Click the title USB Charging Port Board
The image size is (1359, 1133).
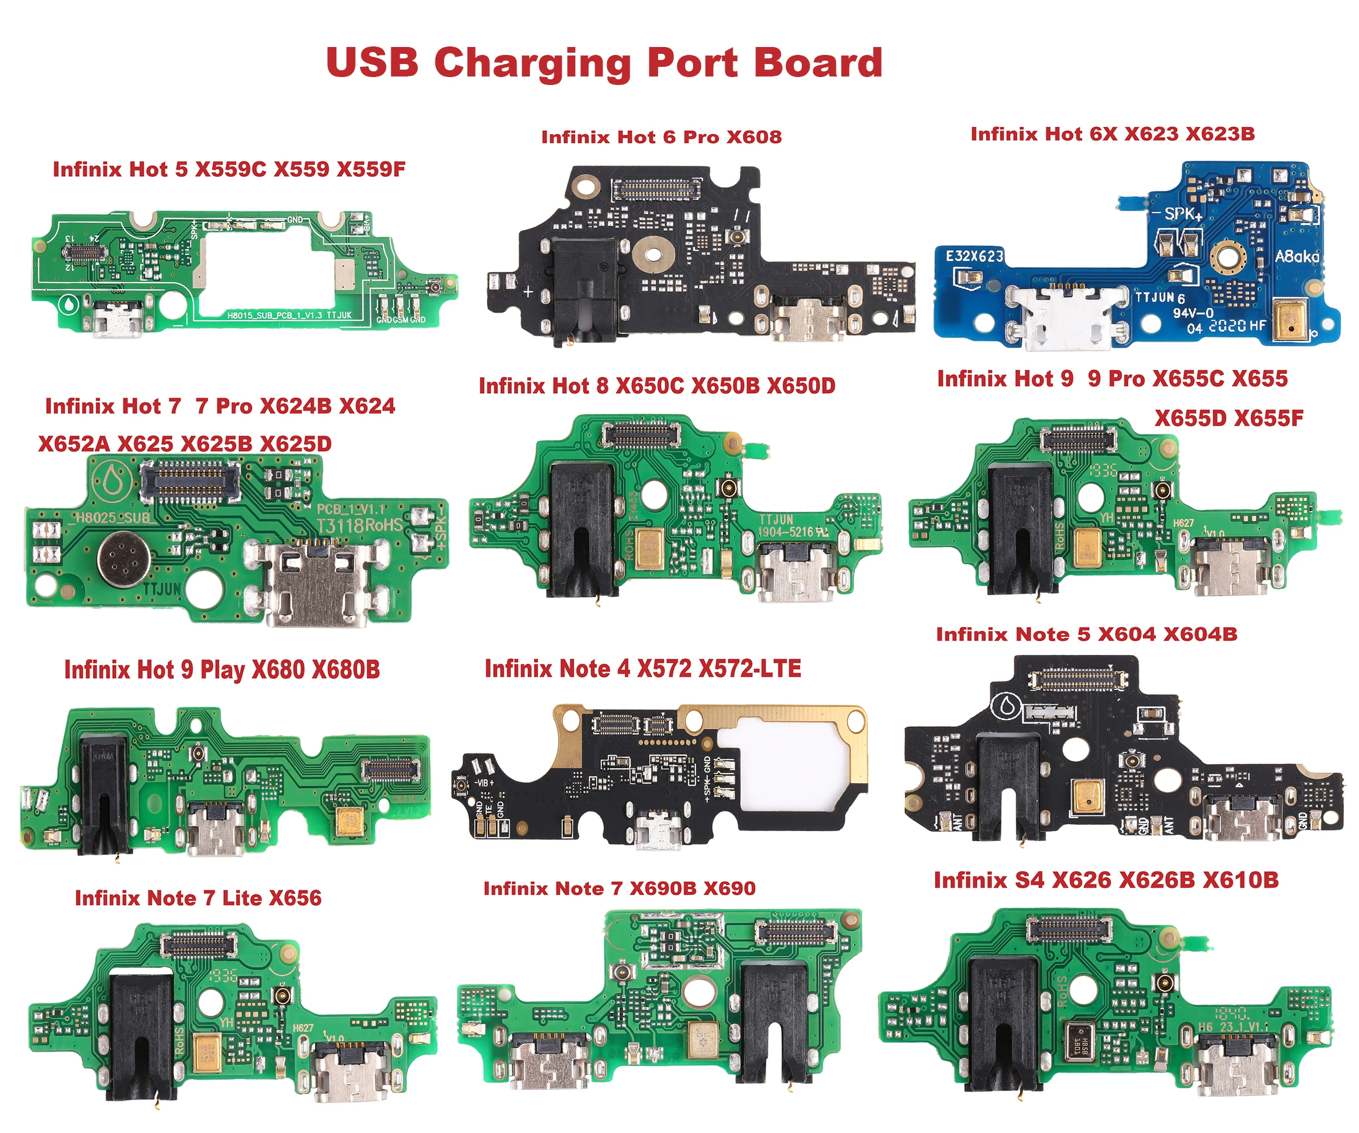coord(604,63)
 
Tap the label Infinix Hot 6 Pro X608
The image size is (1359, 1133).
coord(661,137)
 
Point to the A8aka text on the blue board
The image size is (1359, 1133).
coord(1296,257)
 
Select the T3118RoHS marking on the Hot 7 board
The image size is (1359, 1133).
coord(358,525)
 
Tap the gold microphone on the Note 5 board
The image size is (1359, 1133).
coord(1088,797)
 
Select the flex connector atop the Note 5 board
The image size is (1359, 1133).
coord(1078,680)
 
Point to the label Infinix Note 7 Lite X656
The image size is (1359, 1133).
coord(198,898)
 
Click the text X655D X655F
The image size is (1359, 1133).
coord(1228,418)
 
